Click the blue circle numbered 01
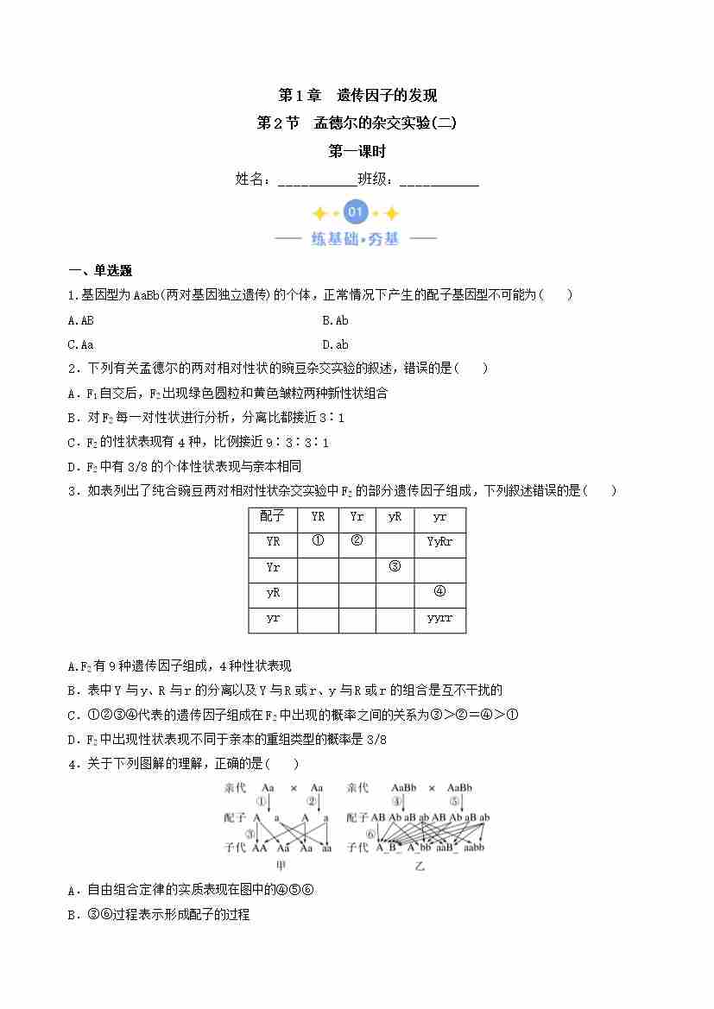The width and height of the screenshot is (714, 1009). tap(356, 212)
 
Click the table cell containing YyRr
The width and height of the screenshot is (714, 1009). tap(439, 542)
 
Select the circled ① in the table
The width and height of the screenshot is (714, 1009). tap(317, 542)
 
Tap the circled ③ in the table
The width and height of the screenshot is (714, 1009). tap(395, 567)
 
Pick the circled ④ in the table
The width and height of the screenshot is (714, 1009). tap(439, 592)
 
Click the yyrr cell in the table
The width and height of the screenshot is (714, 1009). tap(439, 619)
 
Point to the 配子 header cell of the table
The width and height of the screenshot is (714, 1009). tap(272, 517)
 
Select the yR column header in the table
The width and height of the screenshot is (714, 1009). tap(395, 517)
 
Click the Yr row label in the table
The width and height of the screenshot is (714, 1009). tap(272, 567)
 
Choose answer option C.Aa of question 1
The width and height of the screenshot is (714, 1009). tap(80, 344)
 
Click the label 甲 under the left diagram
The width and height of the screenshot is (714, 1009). tap(281, 866)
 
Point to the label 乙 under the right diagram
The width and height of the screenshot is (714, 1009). tap(420, 866)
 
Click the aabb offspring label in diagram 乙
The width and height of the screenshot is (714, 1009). tap(473, 848)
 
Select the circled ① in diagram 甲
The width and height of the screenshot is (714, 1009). tap(262, 801)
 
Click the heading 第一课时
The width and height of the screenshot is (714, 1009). tap(357, 151)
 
